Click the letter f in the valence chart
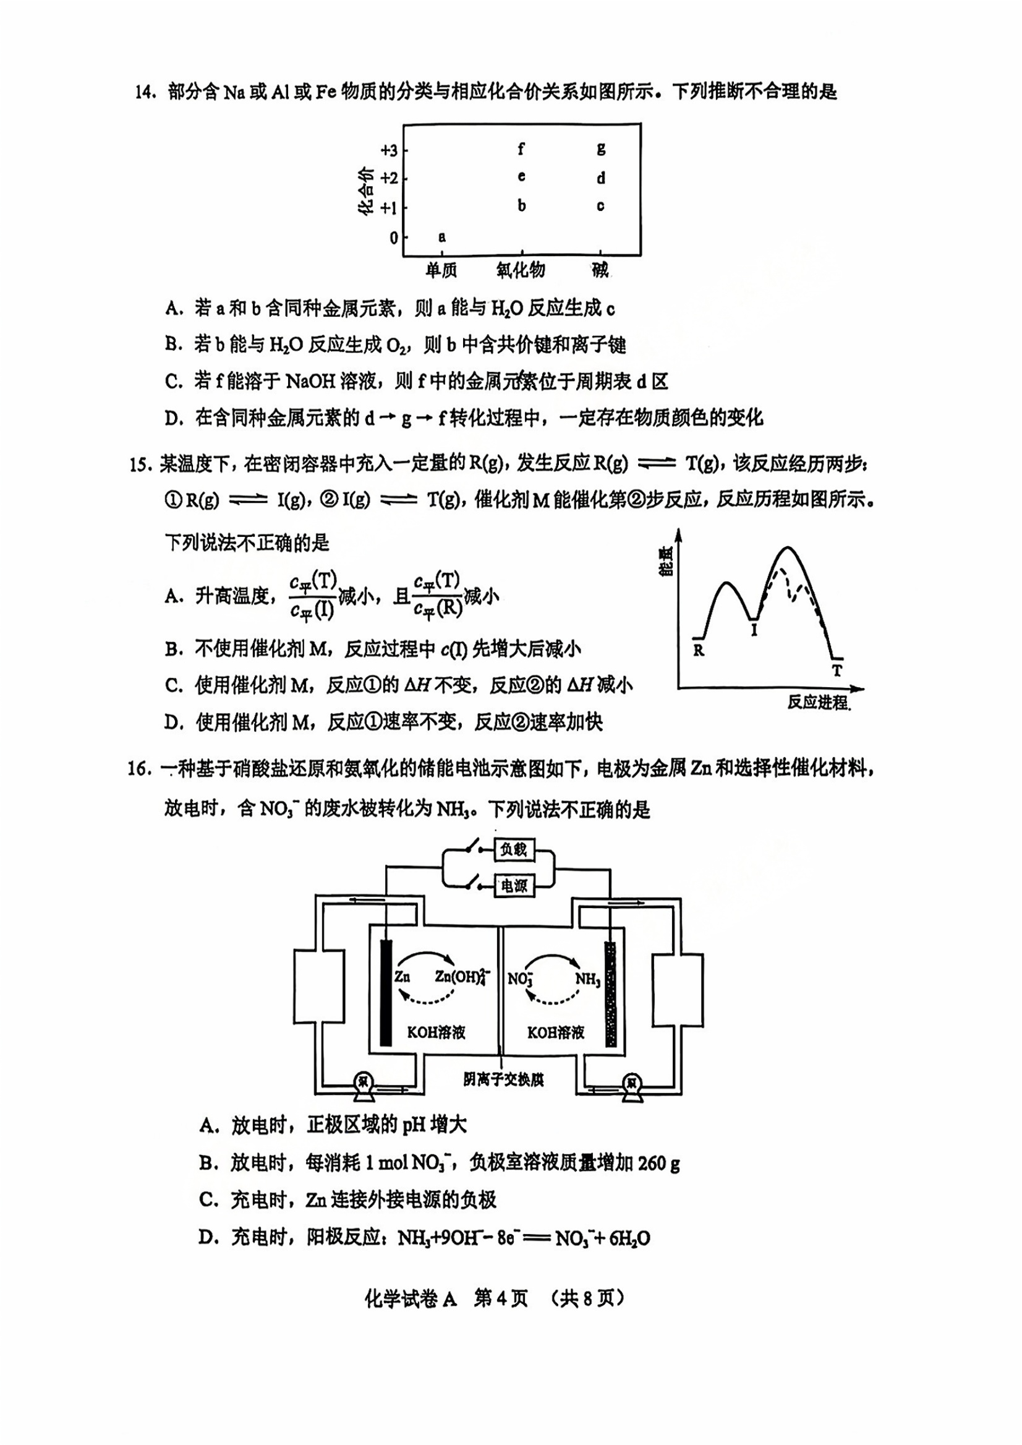pyautogui.click(x=521, y=148)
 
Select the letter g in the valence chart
pyautogui.click(x=601, y=148)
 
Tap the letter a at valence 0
pyautogui.click(x=442, y=237)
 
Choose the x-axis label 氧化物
pyautogui.click(x=521, y=270)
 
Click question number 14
pyautogui.click(x=145, y=92)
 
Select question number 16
pyautogui.click(x=139, y=769)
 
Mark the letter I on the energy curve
pyautogui.click(x=754, y=629)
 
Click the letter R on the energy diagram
pyautogui.click(x=699, y=650)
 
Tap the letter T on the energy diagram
pyautogui.click(x=837, y=671)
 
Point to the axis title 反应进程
pyautogui.click(x=818, y=702)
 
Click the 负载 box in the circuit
pyautogui.click(x=514, y=849)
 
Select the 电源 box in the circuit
pyautogui.click(x=514, y=886)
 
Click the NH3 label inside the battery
pyautogui.click(x=588, y=979)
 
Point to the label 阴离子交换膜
pyautogui.click(x=503, y=1079)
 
